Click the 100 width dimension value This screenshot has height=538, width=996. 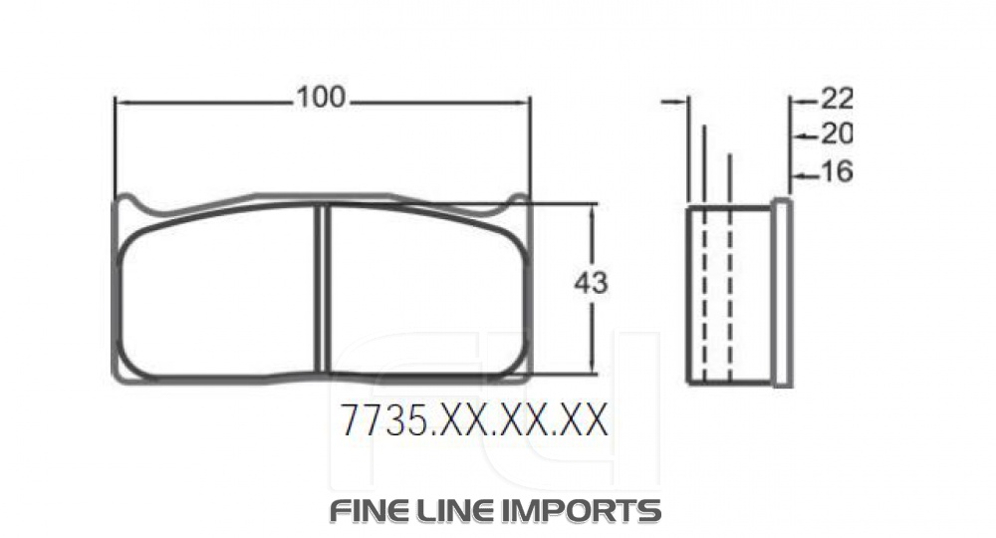321,98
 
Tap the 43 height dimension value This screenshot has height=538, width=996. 591,283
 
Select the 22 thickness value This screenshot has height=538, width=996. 836,98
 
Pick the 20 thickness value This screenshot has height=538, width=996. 836,134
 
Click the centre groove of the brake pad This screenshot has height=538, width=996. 323,290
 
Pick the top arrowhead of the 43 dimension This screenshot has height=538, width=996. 595,210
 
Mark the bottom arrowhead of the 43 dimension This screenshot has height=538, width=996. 595,368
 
